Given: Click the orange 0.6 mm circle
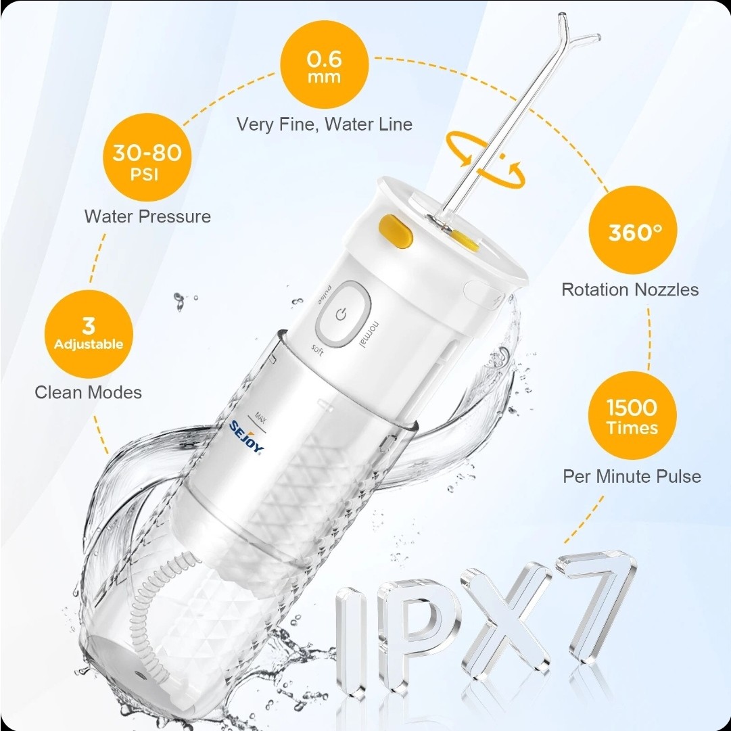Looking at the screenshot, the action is click(325, 64).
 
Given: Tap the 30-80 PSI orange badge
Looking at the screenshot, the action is click(147, 157).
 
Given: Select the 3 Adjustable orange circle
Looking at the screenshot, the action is click(89, 334).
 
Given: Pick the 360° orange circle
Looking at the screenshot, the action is click(633, 230).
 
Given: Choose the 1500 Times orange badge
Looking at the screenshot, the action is click(632, 415).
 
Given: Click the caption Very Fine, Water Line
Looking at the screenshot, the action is click(325, 124).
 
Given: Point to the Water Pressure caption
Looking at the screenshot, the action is click(147, 216).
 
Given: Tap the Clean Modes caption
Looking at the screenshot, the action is click(88, 392).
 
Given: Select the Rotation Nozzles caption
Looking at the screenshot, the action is click(630, 289).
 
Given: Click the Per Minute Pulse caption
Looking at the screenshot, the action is click(632, 476).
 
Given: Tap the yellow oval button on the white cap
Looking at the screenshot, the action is click(396, 231).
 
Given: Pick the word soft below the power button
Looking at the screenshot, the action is click(317, 350).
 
